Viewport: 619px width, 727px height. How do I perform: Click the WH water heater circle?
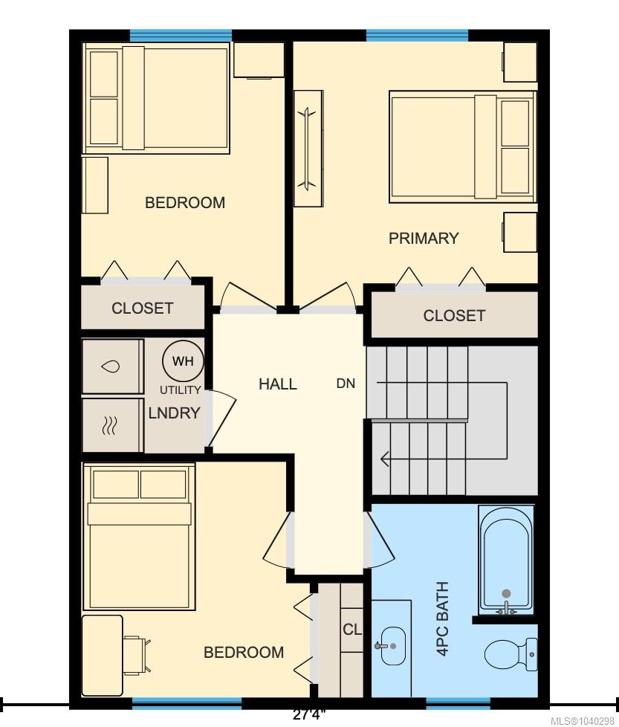coord(183,361)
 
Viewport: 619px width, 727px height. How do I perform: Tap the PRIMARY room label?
coord(424,239)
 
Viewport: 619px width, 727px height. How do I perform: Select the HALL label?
coord(277,384)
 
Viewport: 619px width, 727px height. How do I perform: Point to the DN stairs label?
coord(346,384)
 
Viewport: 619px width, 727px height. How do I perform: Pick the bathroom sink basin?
coord(392,646)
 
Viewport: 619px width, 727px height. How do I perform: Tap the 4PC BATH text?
coord(443,618)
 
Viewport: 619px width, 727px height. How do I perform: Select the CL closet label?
coord(352,630)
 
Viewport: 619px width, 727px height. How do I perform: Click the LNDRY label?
coord(174,413)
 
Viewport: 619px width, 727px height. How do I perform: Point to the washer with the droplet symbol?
coord(112,366)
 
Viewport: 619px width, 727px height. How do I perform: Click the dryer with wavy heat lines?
coord(112,425)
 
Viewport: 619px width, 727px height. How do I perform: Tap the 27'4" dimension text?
coord(309,714)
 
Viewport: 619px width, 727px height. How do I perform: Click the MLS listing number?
coord(583,721)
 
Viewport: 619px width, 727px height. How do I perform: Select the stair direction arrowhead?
coord(384,459)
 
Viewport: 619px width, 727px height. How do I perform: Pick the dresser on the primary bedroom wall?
coord(308,149)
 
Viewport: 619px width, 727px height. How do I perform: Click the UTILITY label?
coord(181,390)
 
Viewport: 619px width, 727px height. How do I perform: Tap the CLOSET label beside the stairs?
coord(454,316)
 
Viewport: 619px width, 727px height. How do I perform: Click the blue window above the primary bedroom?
coord(417,36)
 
